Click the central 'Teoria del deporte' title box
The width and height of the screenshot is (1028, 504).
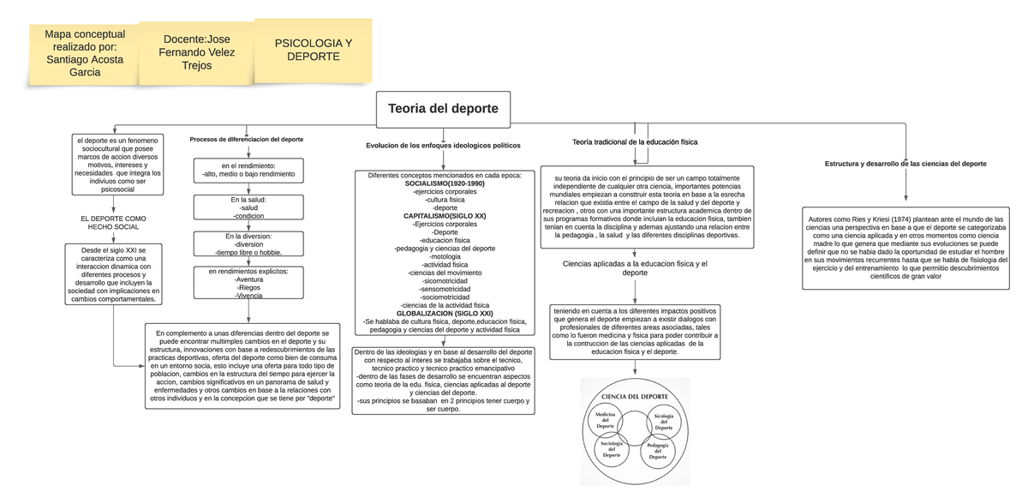(443, 109)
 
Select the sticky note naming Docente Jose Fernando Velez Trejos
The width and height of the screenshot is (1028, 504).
(196, 53)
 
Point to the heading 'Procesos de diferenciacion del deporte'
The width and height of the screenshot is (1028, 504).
(247, 139)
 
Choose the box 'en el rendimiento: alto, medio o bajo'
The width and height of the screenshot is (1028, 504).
(248, 170)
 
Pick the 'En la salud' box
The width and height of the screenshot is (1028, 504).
(248, 208)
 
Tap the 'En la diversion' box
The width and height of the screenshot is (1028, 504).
(248, 244)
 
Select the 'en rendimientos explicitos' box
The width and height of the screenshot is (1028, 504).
(248, 283)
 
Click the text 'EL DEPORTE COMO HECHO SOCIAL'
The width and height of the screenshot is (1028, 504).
(114, 223)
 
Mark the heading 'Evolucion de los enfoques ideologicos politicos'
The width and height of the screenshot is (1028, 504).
(443, 146)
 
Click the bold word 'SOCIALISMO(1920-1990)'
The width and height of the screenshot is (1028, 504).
(445, 183)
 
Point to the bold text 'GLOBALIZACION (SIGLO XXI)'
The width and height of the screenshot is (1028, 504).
(445, 314)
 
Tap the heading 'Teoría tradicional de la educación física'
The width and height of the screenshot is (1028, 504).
(635, 141)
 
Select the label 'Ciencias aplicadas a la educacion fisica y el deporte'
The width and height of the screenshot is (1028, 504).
(635, 268)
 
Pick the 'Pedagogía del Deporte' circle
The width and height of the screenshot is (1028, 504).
(658, 451)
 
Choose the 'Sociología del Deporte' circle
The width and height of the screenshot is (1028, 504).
(612, 449)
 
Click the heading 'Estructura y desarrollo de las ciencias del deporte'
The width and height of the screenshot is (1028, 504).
(905, 163)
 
